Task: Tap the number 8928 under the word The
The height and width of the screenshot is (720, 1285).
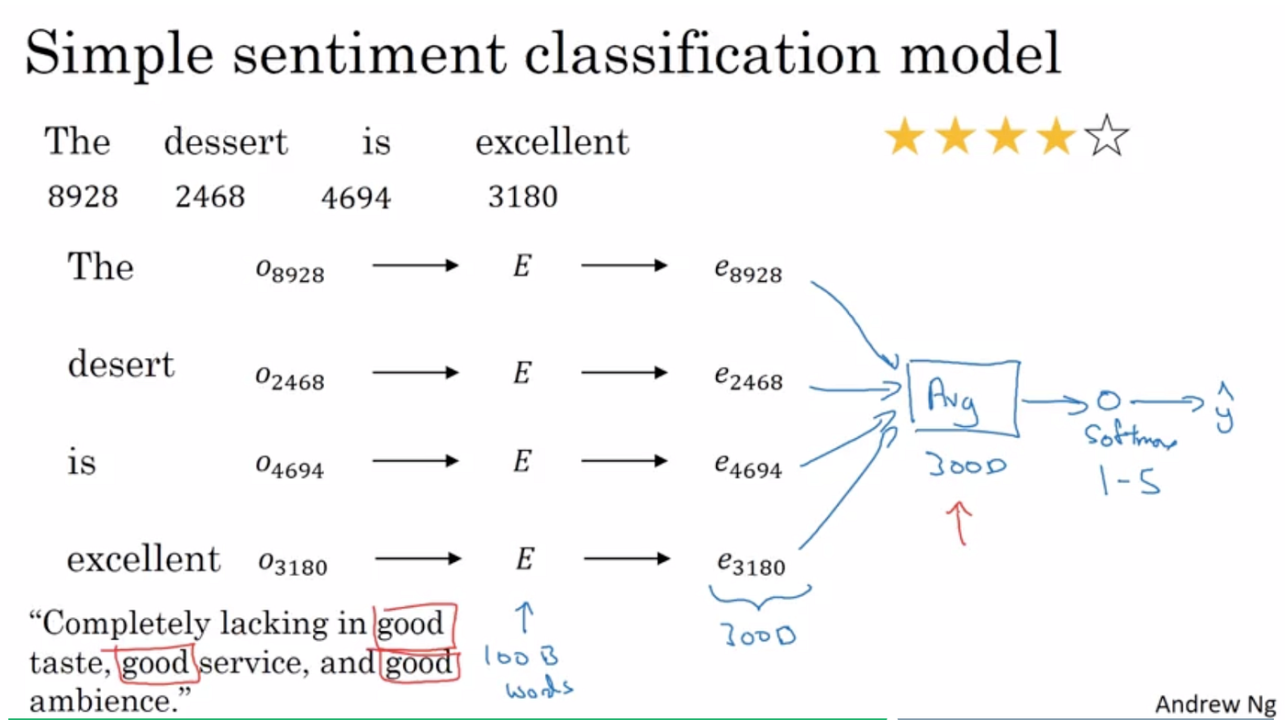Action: pos(83,197)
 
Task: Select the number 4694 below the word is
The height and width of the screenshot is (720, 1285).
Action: pos(356,197)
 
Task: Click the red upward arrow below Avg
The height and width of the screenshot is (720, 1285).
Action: pos(961,523)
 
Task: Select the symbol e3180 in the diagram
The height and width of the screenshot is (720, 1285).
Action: pos(750,562)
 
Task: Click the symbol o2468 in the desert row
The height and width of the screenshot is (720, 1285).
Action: pos(289,376)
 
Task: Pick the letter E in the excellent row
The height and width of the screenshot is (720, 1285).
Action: pos(524,558)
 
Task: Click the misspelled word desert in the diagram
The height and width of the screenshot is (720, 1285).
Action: pos(120,365)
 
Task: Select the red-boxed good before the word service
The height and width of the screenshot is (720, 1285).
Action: pos(154,663)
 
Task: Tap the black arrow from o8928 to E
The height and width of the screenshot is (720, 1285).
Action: pos(414,266)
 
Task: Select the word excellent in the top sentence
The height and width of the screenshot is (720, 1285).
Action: pos(552,142)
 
